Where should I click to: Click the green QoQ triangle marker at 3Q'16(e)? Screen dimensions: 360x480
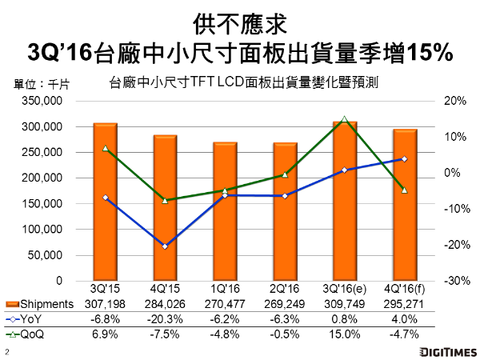pos(344,119)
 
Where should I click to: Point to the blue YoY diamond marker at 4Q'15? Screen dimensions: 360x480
pos(165,246)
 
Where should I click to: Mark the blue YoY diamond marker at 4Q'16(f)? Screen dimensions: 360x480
pos(404,158)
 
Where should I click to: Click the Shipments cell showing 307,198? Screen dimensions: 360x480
pos(106,304)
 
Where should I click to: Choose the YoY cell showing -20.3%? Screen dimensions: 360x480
pos(165,319)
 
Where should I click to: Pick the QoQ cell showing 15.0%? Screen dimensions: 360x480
pos(344,334)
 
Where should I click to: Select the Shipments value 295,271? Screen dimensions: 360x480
pos(404,304)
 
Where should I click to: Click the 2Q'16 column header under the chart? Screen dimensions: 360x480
pos(285,290)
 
